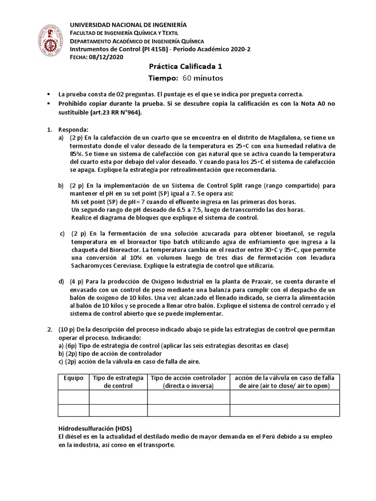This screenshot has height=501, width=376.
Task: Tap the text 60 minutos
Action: tap(203, 78)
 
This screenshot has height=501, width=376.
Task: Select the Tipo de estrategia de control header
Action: tap(118, 382)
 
